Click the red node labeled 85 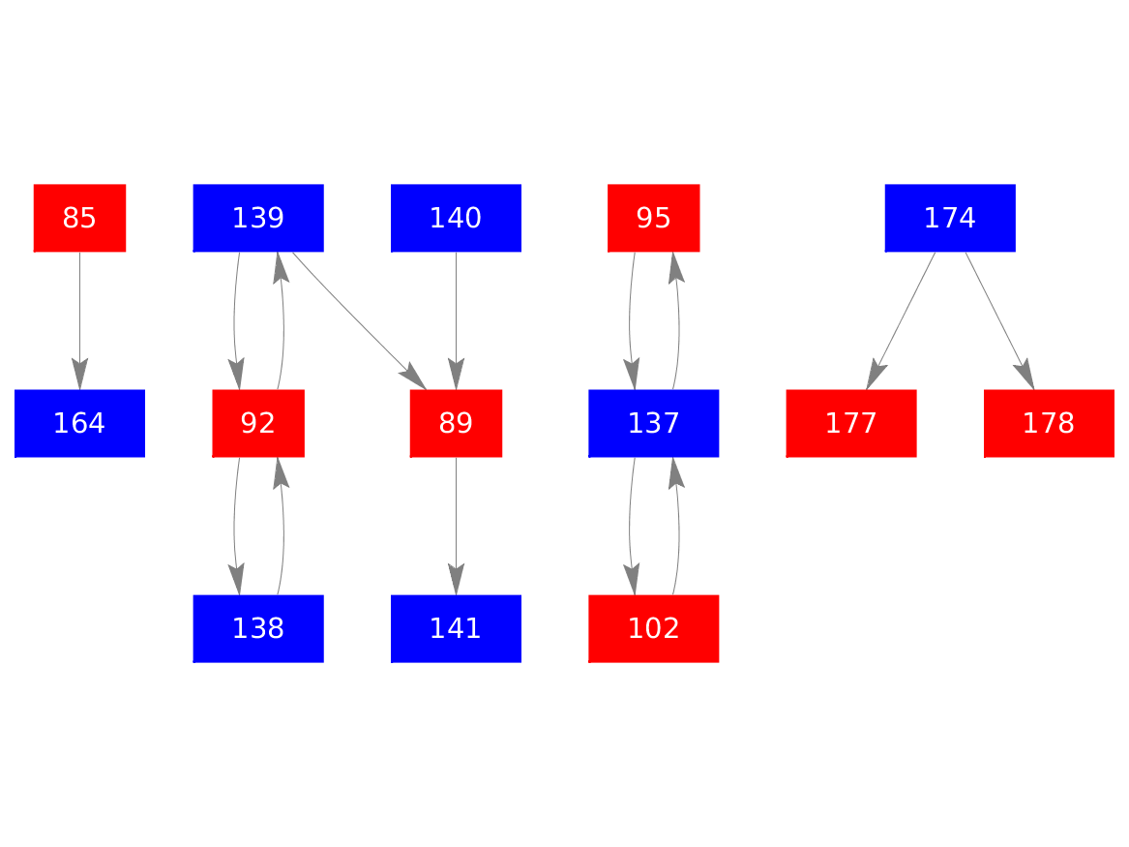(x=79, y=218)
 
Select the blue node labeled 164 (x=79, y=423)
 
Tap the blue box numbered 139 (x=258, y=218)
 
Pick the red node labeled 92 (x=258, y=423)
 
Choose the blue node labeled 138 (x=258, y=628)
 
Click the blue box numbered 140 (x=456, y=218)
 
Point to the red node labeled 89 (x=456, y=423)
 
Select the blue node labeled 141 (x=456, y=628)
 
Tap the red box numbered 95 (x=653, y=218)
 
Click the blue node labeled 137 (x=653, y=423)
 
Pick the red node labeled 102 (x=653, y=628)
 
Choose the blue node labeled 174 (x=950, y=218)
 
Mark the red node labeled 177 (x=851, y=423)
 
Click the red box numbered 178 (x=1049, y=423)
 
